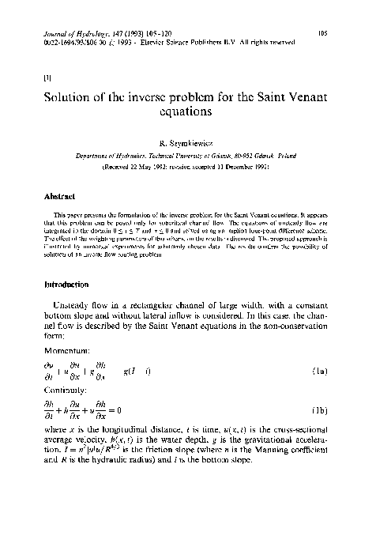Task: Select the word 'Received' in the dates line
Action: pyautogui.click(x=137, y=169)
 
